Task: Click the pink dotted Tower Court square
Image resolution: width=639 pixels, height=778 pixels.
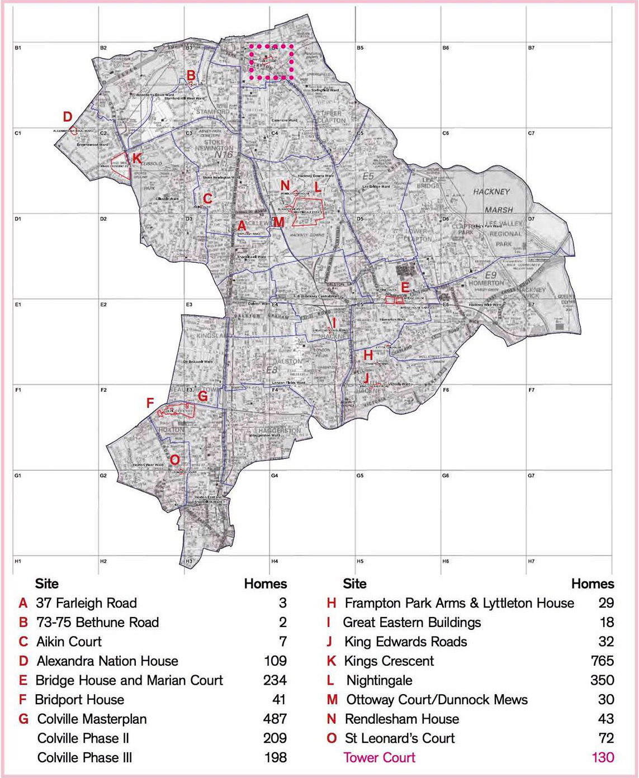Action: pyautogui.click(x=272, y=61)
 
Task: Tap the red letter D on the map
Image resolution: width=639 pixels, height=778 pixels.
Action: pyautogui.click(x=68, y=117)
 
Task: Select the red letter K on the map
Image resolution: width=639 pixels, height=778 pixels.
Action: pyautogui.click(x=136, y=159)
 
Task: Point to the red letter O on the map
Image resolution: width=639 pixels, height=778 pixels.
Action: pyautogui.click(x=174, y=459)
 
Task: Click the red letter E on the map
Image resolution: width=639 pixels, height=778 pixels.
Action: pyautogui.click(x=405, y=287)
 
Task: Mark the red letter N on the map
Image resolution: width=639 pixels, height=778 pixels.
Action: pyautogui.click(x=285, y=186)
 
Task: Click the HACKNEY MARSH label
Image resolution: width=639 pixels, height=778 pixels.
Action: pyautogui.click(x=492, y=200)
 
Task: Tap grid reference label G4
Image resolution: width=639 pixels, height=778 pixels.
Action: pyautogui.click(x=274, y=476)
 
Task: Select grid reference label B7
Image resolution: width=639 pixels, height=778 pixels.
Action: pyautogui.click(x=531, y=48)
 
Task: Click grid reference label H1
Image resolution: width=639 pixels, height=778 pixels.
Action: pyautogui.click(x=18, y=561)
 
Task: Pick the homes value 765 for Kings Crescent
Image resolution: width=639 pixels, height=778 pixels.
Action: pyautogui.click(x=602, y=661)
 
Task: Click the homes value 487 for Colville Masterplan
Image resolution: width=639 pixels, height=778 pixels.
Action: pyautogui.click(x=274, y=719)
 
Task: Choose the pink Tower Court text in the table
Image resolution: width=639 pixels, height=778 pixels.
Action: pyautogui.click(x=379, y=757)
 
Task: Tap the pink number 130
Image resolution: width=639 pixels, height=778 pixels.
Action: pyautogui.click(x=603, y=757)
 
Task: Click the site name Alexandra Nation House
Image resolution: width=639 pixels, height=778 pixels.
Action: pyautogui.click(x=107, y=661)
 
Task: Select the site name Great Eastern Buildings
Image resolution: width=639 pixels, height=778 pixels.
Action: pyautogui.click(x=411, y=622)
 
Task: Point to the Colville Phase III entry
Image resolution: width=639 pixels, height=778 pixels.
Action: pyautogui.click(x=84, y=757)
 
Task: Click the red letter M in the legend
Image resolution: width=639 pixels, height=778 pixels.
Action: pyautogui.click(x=332, y=699)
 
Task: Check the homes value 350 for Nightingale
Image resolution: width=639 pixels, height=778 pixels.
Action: pyautogui.click(x=602, y=680)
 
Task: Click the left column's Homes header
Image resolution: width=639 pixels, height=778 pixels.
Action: pyautogui.click(x=265, y=583)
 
